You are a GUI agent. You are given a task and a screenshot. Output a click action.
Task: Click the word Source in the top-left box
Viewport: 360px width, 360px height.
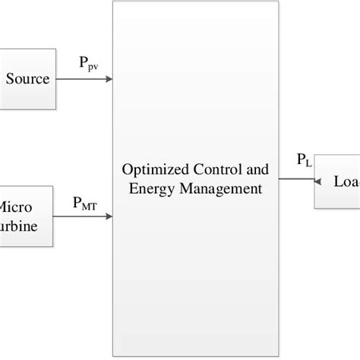(27, 79)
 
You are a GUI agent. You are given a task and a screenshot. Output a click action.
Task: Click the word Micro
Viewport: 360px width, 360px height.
(14, 207)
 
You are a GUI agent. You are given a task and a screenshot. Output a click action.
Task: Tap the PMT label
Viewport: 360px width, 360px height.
(85, 202)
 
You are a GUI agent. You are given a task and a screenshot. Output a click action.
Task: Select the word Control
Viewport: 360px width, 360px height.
(209, 171)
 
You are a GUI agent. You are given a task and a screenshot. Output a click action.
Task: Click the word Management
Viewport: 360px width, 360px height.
(219, 186)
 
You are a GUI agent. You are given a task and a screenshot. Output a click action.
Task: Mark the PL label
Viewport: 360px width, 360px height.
(303, 161)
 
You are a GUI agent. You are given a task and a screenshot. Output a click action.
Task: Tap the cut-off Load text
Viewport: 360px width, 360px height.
(346, 182)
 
